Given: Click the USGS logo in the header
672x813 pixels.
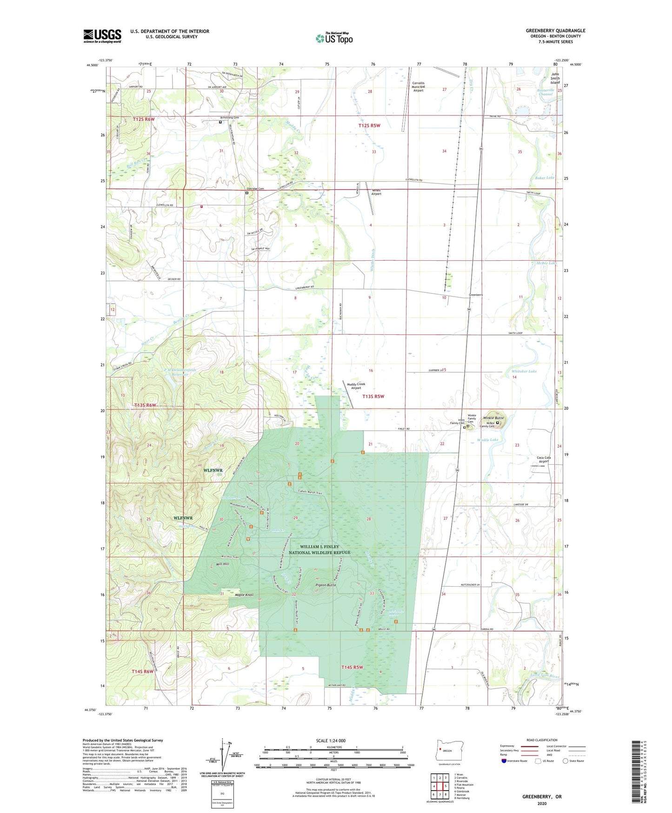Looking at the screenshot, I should click(x=102, y=36).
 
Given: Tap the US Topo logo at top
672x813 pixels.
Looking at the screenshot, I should click(x=334, y=38).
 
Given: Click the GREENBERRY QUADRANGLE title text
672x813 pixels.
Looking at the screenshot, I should click(x=555, y=31).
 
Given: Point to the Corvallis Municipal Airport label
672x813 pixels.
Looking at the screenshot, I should click(x=418, y=87).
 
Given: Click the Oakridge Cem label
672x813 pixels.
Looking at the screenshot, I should click(x=255, y=189).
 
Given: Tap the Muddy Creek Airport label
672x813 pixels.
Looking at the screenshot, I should click(x=356, y=386).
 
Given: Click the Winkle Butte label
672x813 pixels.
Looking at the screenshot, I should click(x=493, y=418).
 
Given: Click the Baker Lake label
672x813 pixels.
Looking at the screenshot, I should click(x=545, y=177).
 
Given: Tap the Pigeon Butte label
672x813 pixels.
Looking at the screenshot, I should click(x=326, y=585).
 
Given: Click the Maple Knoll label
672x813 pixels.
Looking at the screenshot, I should click(x=244, y=595).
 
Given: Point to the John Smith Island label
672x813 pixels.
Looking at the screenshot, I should click(x=555, y=78).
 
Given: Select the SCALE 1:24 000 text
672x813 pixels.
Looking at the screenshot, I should click(x=331, y=740).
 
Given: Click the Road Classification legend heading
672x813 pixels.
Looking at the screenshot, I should click(x=542, y=740).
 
